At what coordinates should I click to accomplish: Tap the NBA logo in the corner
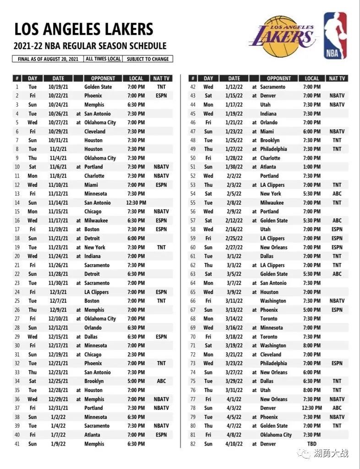pyautogui.click(x=335, y=35)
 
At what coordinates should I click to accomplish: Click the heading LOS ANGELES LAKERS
pyautogui.click(x=83, y=29)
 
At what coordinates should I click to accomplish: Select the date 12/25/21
pyautogui.click(x=58, y=381)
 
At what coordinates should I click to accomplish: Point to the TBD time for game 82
pyautogui.click(x=311, y=444)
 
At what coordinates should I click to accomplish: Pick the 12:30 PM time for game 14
pyautogui.click(x=136, y=203)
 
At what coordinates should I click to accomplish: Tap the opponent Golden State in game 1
pyautogui.click(x=98, y=87)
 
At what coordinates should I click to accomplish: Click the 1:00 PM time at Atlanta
pyautogui.click(x=311, y=167)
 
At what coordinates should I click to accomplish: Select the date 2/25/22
pyautogui.click(x=234, y=239)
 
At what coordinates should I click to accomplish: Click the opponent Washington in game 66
pyautogui.click(x=273, y=301)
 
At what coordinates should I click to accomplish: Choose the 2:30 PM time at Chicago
pyautogui.click(x=136, y=354)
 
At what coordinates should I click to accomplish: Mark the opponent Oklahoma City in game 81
pyautogui.click(x=276, y=435)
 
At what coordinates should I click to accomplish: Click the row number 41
pyautogui.click(x=17, y=444)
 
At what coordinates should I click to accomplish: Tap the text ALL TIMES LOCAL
pyautogui.click(x=103, y=59)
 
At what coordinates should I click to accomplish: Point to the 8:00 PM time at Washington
pyautogui.click(x=311, y=346)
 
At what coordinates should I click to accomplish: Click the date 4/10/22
pyautogui.click(x=234, y=444)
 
